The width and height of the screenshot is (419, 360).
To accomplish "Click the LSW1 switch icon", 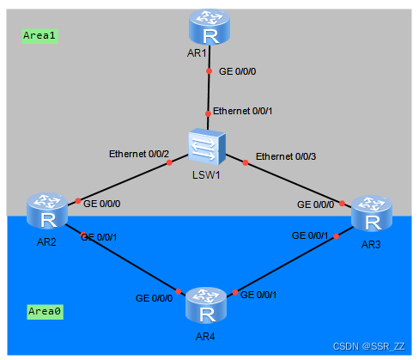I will pos(208,149).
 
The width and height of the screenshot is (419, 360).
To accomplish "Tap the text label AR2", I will pos(47,242).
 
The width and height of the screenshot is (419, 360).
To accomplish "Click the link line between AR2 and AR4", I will pos(129,262).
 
